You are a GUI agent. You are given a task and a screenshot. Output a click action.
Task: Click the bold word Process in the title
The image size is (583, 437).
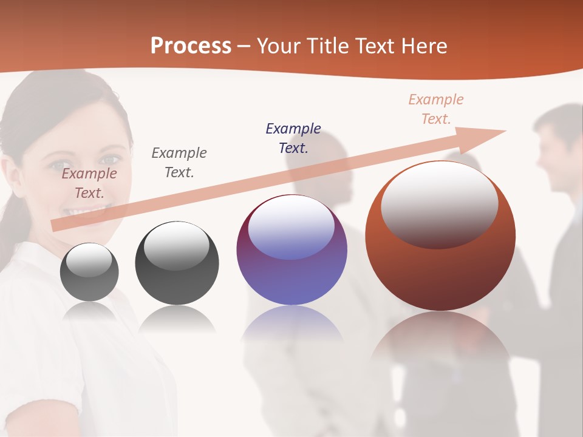191,46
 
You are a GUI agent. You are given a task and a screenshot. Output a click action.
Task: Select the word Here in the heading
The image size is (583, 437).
424,46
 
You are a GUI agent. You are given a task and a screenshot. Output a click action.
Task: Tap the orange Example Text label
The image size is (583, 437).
436,109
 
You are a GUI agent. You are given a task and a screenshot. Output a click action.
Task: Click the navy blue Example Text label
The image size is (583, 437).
293,138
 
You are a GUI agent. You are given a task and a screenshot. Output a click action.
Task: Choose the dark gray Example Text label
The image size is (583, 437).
179,162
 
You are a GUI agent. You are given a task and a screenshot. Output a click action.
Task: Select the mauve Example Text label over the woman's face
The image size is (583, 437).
89,183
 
